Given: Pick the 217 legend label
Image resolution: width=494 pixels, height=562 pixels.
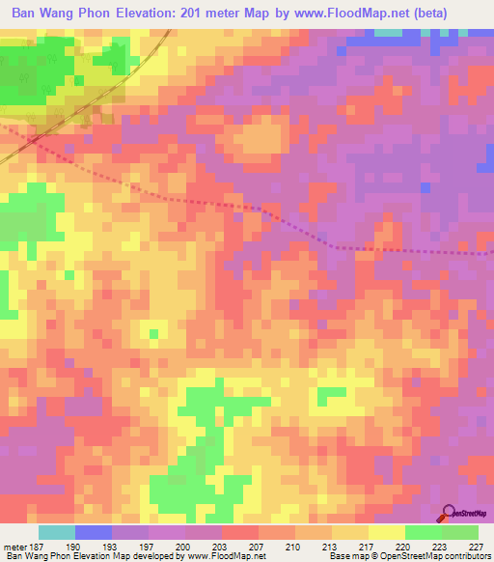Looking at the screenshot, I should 359,546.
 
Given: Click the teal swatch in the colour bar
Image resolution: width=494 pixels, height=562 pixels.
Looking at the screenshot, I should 57,532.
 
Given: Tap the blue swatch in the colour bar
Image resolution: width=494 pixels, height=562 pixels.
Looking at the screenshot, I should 94,532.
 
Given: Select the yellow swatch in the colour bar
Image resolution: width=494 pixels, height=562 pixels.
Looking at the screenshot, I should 387,532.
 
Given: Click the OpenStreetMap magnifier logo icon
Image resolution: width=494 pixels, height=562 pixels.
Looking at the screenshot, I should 449,513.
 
